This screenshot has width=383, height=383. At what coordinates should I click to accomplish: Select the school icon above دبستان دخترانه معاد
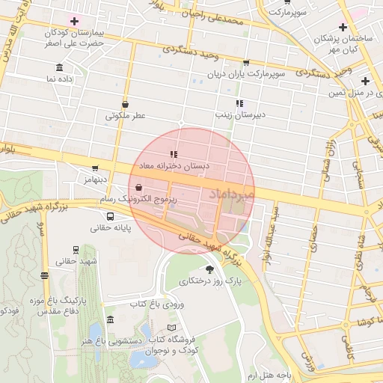coord(174,154)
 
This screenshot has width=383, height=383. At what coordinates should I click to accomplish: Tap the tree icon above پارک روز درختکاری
coord(209,269)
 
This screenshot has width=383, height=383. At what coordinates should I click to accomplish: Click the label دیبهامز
coord(95,180)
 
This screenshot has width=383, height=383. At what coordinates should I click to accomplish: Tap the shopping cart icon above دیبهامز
coord(95,168)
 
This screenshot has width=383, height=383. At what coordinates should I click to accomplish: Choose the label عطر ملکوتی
coord(125,116)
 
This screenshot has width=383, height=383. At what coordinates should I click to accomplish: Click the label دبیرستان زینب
coord(237,115)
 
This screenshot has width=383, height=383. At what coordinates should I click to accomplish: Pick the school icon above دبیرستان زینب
coord(239,103)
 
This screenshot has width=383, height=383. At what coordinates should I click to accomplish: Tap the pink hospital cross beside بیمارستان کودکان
coord(74,20)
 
